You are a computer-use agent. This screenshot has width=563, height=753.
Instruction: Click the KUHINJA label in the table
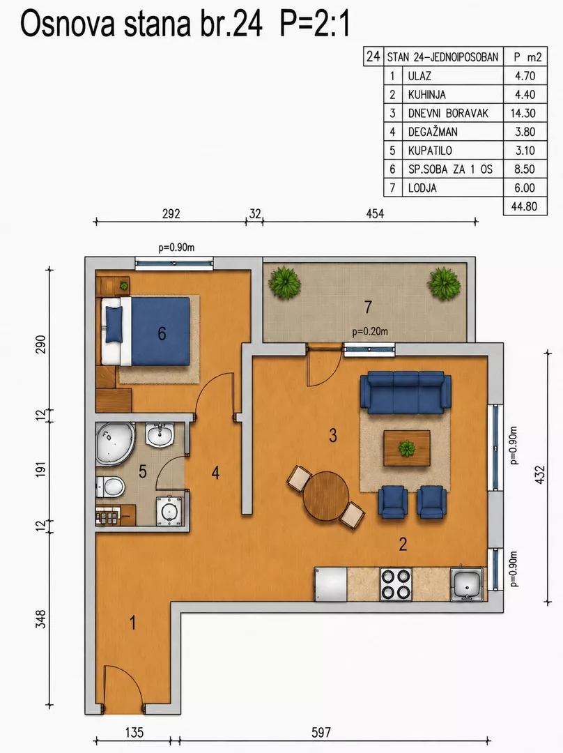(426, 95)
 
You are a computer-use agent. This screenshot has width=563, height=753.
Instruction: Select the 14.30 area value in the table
(525, 114)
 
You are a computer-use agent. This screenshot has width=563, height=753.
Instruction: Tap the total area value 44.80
(525, 206)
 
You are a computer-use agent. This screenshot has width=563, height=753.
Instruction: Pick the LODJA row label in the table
(422, 188)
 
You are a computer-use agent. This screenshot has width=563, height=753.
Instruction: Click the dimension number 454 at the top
(375, 214)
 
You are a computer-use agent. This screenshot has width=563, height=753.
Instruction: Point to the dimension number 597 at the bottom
(321, 732)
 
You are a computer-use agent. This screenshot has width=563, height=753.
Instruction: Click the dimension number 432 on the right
(540, 475)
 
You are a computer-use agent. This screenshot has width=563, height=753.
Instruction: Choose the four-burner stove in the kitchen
(396, 584)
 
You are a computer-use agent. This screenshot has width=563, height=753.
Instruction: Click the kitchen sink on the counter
(466, 584)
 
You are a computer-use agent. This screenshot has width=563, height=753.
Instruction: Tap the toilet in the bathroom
(110, 487)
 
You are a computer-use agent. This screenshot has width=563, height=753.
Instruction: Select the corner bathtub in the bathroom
(114, 444)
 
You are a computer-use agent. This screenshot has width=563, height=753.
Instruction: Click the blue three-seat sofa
(406, 393)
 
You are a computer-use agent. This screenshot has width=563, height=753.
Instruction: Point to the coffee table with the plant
(406, 448)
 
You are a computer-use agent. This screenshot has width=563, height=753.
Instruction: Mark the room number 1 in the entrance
(133, 623)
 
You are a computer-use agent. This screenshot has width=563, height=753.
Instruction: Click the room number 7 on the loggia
(368, 307)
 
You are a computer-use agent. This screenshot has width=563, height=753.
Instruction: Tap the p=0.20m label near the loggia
(369, 331)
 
